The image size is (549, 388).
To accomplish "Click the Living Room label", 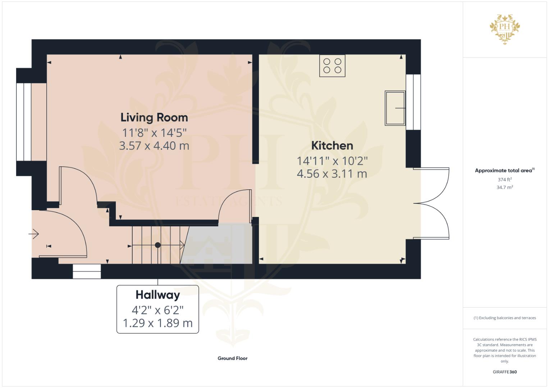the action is (x=154, y=117).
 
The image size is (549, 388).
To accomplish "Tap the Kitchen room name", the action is (x=332, y=146).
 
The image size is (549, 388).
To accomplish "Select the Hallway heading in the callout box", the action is (x=157, y=295).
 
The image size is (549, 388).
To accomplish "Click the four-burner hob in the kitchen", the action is (x=332, y=66).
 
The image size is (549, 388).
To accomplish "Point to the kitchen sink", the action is (x=395, y=108).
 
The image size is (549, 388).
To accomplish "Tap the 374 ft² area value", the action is (x=505, y=180).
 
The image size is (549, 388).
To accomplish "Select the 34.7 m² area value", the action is (x=505, y=188).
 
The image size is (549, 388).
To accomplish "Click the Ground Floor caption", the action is (x=232, y=359).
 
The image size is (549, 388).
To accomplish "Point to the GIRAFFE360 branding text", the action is (x=505, y=372).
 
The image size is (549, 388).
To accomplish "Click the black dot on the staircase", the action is (x=158, y=245).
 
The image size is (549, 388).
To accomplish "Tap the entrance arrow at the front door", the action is (x=33, y=234).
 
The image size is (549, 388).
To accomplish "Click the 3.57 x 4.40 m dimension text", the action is (x=154, y=146).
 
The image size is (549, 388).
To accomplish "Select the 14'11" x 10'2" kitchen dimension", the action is (x=332, y=161).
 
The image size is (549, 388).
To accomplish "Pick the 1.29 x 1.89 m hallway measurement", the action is (x=157, y=323).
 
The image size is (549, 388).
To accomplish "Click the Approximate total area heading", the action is (x=505, y=171).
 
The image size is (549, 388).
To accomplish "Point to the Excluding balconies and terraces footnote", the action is (x=505, y=318).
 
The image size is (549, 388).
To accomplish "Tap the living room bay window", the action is (x=24, y=122).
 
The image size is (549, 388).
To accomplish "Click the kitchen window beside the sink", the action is (x=413, y=102).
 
